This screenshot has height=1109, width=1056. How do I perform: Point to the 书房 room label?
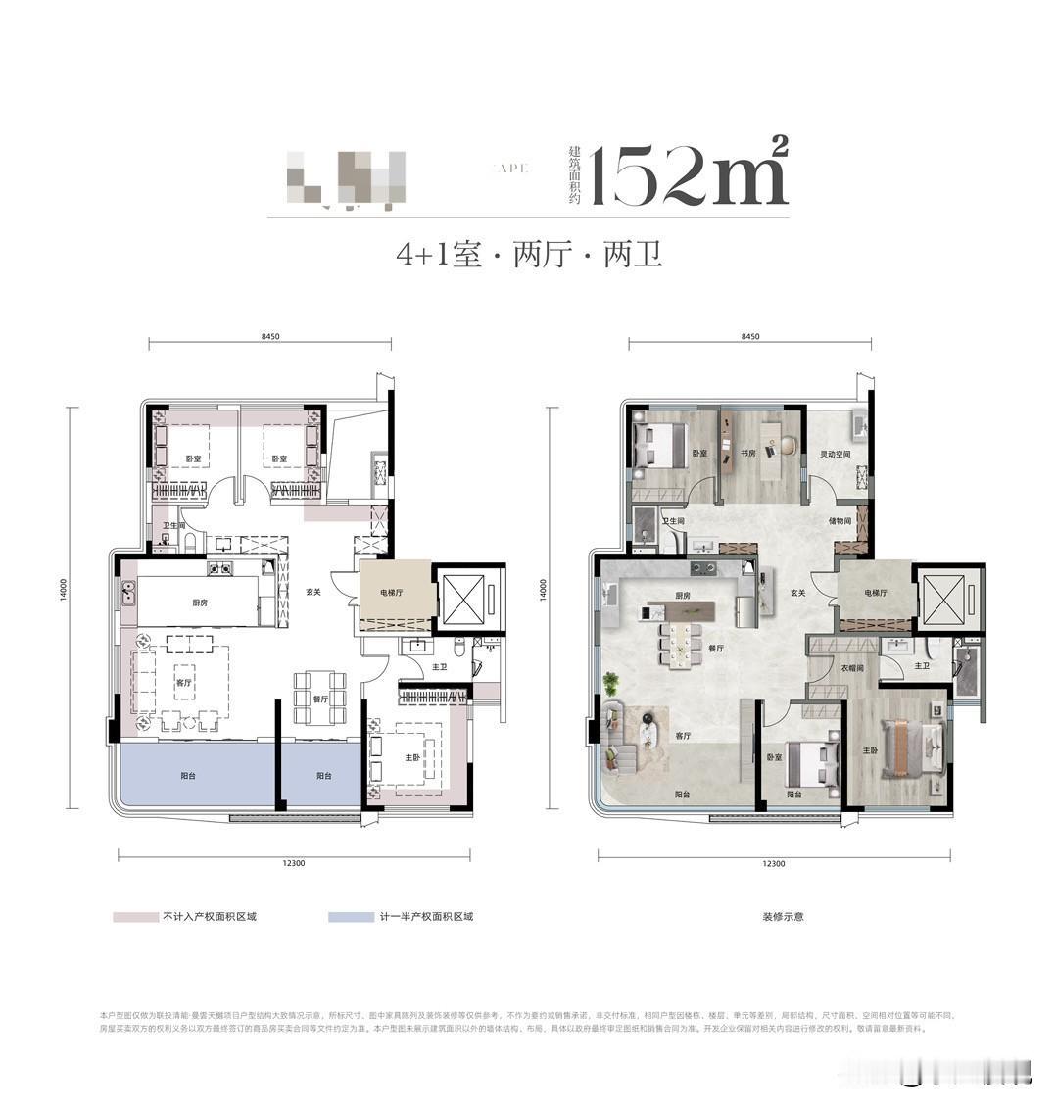(x=749, y=454)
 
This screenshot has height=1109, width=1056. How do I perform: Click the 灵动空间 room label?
(x=835, y=454)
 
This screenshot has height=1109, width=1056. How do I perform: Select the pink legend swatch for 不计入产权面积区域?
(x=135, y=917)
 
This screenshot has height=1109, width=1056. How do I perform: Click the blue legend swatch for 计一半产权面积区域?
(x=352, y=917)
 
